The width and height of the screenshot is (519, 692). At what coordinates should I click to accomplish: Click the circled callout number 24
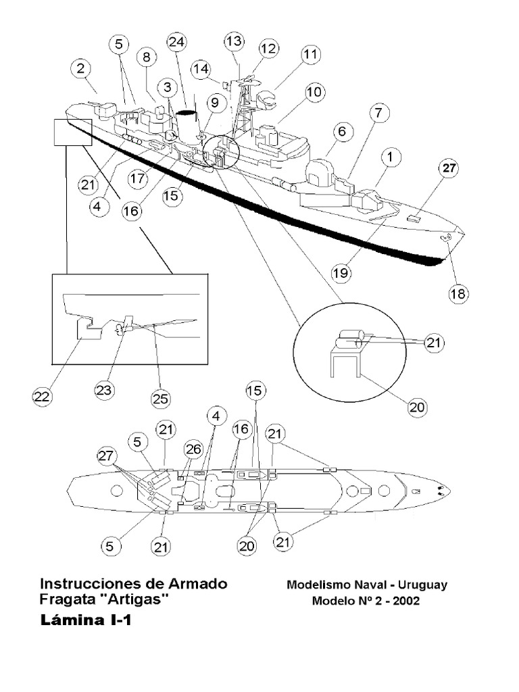pyautogui.click(x=177, y=43)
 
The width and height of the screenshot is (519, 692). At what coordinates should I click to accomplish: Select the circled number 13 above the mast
pyautogui.click(x=234, y=42)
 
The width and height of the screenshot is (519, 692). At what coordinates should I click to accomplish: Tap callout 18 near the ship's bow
pyautogui.click(x=458, y=293)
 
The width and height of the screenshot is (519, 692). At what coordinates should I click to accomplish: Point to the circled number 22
pyautogui.click(x=43, y=397)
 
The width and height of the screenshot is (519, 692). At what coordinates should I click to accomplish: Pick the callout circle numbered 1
pyautogui.click(x=390, y=157)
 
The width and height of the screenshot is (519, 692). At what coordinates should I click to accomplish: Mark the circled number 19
pyautogui.click(x=342, y=272)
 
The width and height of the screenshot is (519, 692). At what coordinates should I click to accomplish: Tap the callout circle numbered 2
pyautogui.click(x=81, y=68)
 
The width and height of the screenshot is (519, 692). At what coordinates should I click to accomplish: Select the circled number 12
pyautogui.click(x=268, y=49)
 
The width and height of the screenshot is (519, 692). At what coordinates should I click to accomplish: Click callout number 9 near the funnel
pyautogui.click(x=214, y=103)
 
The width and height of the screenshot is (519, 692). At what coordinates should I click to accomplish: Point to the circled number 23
pyautogui.click(x=105, y=390)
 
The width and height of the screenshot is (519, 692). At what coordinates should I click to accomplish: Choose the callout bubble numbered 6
pyautogui.click(x=342, y=132)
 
